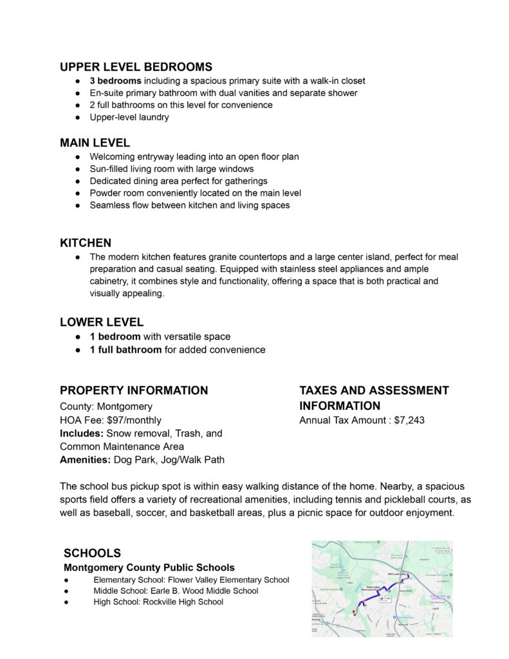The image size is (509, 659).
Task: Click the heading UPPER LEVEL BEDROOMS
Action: click(136, 67)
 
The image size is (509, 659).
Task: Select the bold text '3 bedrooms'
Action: click(115, 81)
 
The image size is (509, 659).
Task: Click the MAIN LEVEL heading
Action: click(95, 142)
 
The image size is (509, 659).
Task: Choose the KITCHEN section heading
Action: click(86, 243)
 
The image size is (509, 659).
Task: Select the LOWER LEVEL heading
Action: click(102, 322)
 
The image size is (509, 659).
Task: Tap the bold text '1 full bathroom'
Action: click(125, 350)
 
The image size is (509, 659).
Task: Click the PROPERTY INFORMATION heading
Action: click(134, 391)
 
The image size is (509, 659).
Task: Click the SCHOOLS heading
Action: click(92, 553)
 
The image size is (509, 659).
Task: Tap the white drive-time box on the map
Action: click(385, 599)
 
